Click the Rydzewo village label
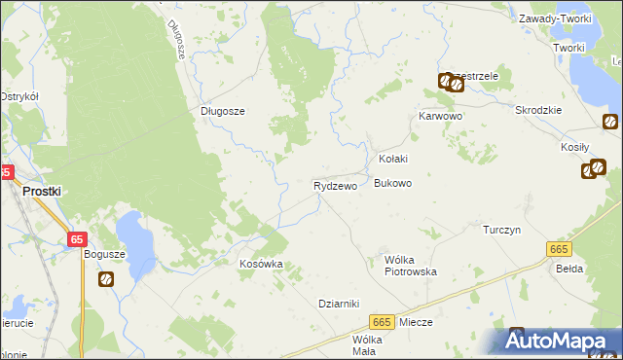(x=335, y=185)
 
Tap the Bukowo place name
(x=393, y=183)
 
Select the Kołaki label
(x=392, y=159)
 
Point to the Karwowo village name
(x=440, y=116)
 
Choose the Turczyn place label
(x=503, y=230)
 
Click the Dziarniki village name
(x=340, y=303)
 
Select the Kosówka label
(x=261, y=264)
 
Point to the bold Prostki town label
(x=42, y=192)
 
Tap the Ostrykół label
(x=18, y=96)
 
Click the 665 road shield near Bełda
(x=558, y=250)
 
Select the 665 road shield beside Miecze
(x=382, y=322)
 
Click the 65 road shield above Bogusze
(x=78, y=238)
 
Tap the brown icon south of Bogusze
(x=105, y=279)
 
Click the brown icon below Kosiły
(x=589, y=171)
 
